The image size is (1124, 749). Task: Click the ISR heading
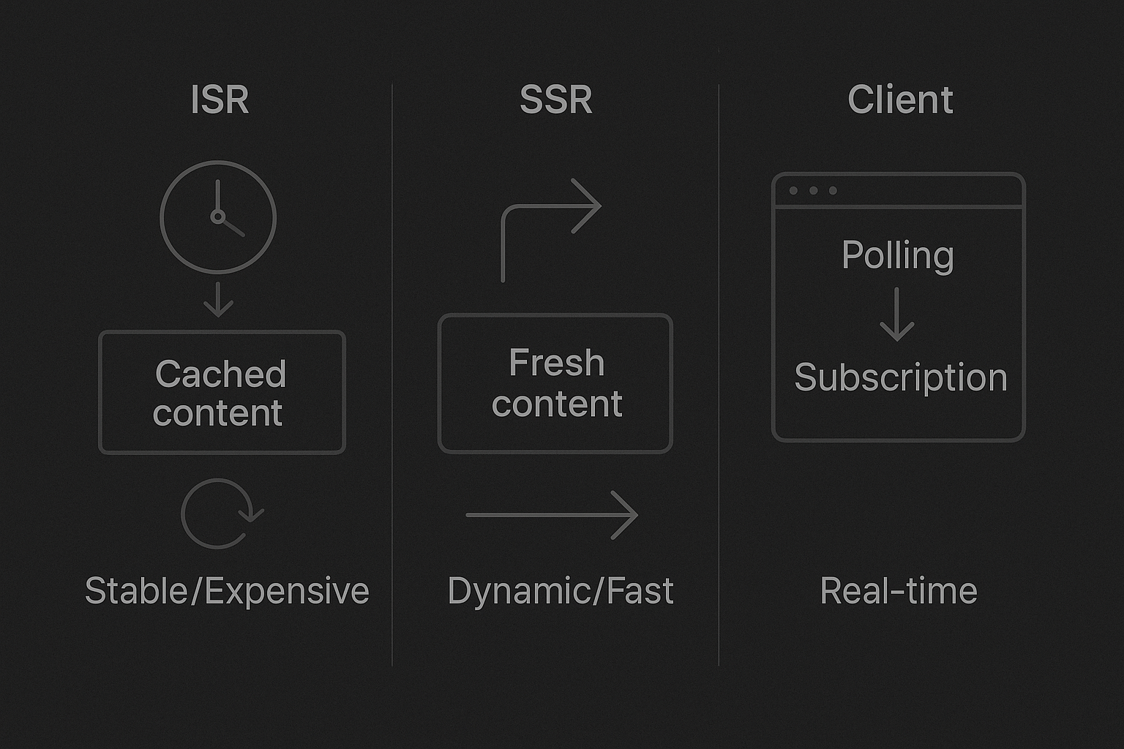220,100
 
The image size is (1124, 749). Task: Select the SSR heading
555,100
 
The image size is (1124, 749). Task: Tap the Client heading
900,100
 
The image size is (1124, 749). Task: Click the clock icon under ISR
218,217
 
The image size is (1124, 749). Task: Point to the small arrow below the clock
218,300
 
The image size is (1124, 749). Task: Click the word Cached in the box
220,374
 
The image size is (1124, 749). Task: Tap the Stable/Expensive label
227,591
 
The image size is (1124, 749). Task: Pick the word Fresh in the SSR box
556,363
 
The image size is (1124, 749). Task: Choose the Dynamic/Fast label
560,591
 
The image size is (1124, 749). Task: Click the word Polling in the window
898,256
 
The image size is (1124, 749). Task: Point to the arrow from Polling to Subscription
897,315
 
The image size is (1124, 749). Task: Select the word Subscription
901,378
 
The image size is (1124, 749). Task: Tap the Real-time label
899,591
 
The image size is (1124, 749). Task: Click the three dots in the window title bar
813,191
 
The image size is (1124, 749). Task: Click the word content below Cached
218,414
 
